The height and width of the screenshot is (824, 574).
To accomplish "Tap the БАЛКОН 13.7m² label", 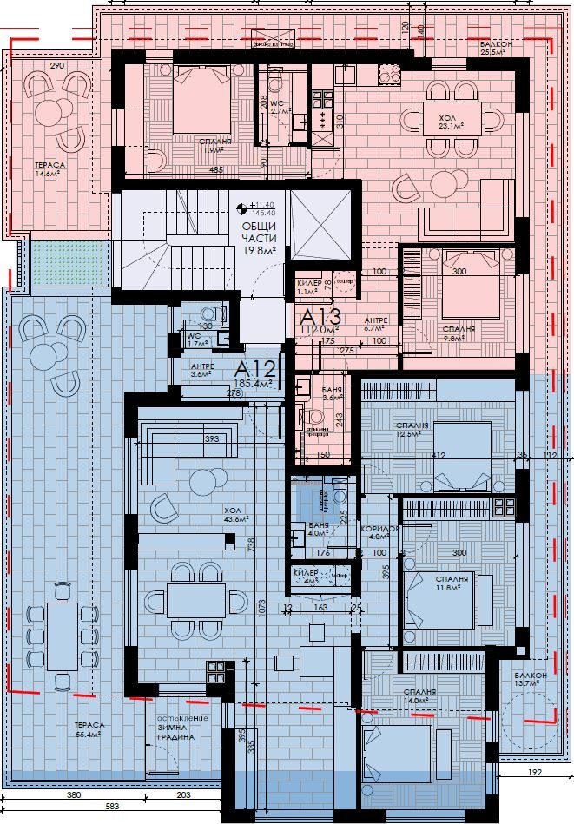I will click(529, 680).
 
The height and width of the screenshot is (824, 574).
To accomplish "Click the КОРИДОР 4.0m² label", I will click(383, 531).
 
